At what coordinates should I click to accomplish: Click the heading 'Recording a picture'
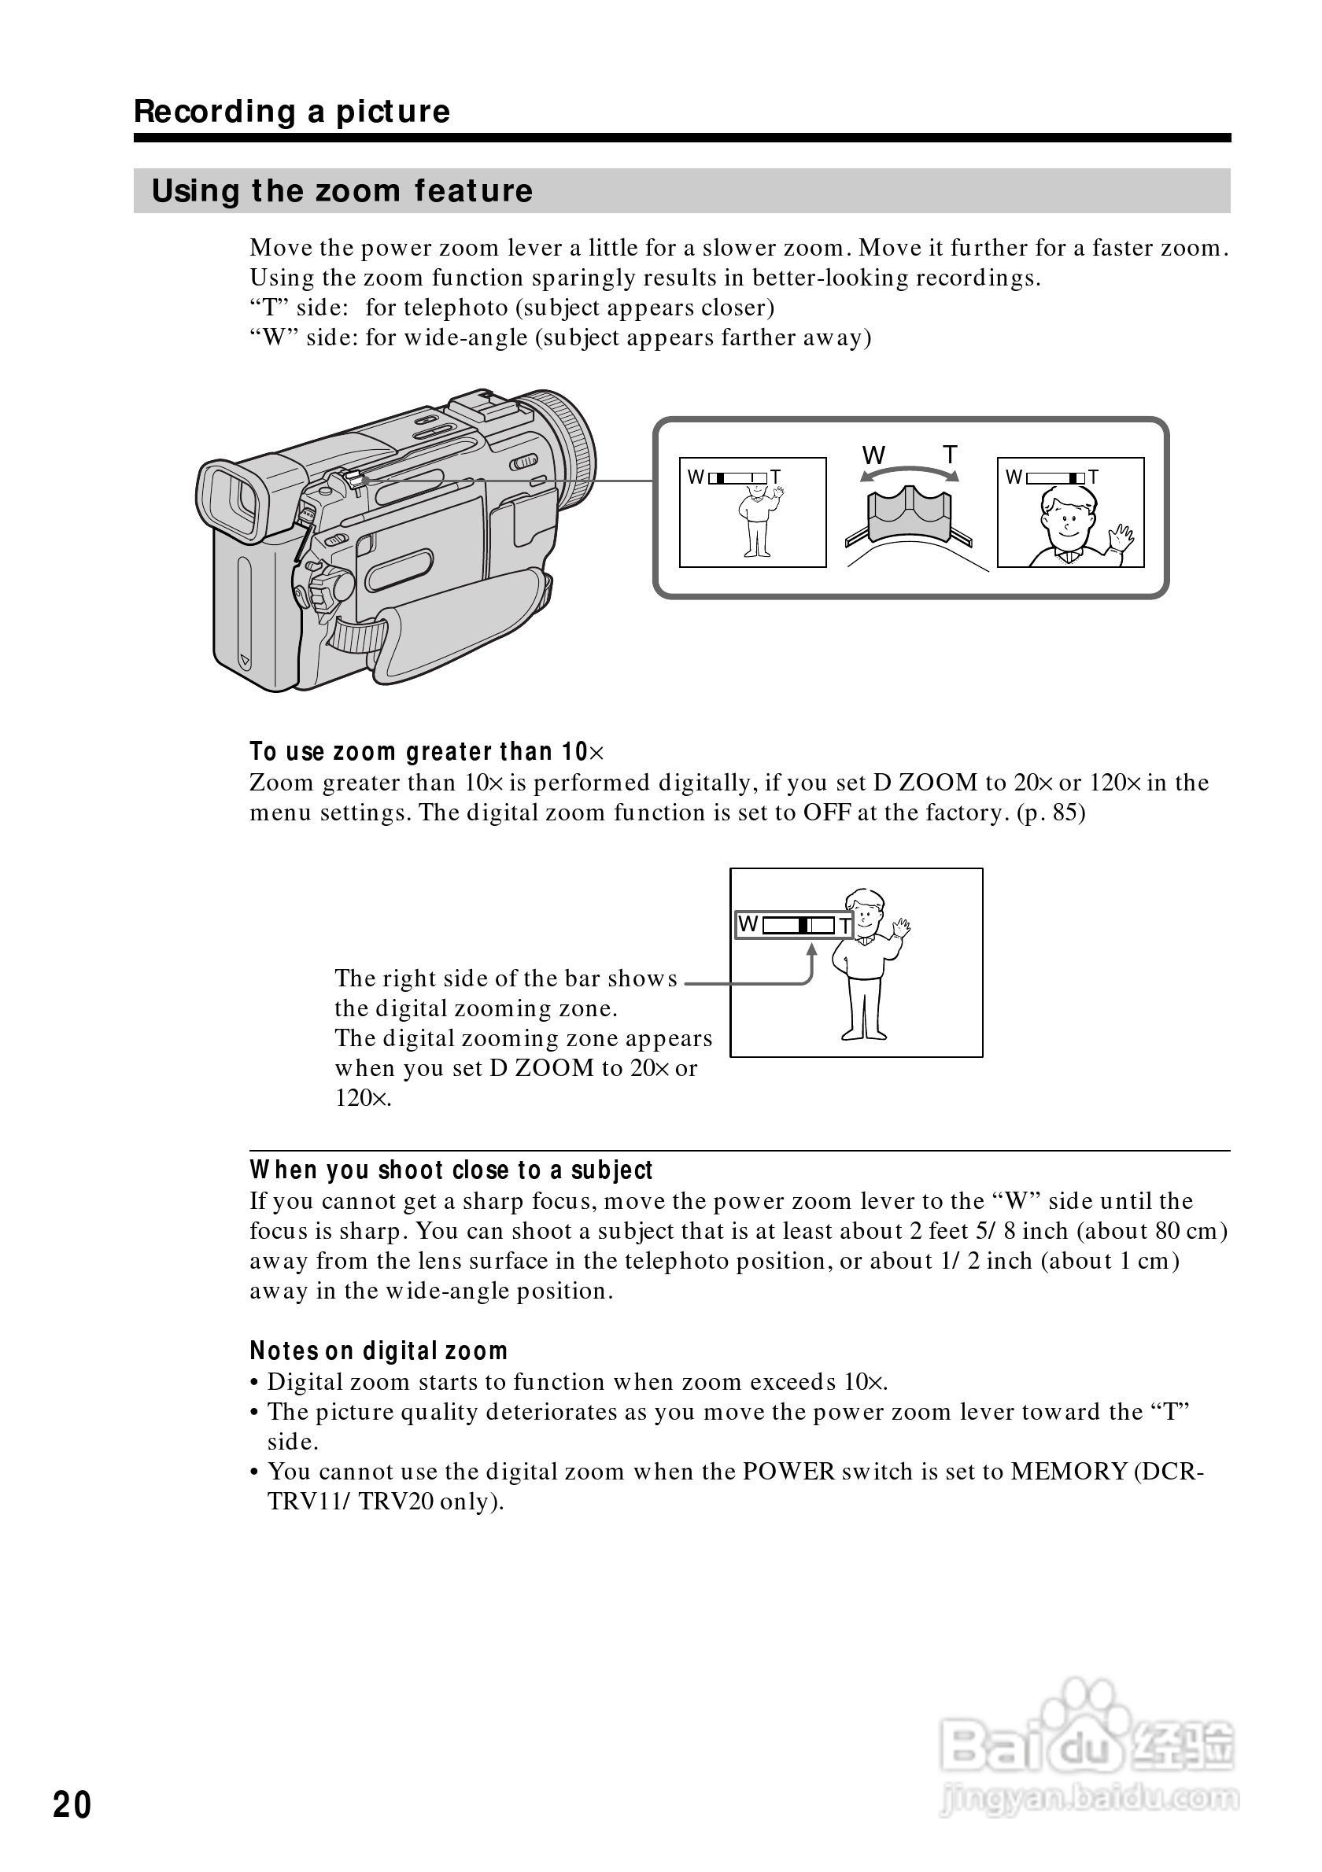(x=291, y=111)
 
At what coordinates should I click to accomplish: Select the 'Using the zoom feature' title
(x=342, y=191)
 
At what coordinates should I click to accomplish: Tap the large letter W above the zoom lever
(x=873, y=455)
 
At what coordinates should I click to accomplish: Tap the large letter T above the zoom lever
(x=950, y=454)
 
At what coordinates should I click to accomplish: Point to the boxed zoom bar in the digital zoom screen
(x=793, y=924)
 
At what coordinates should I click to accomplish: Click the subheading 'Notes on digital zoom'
(x=379, y=1351)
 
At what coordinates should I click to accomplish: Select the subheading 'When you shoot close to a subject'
(x=451, y=1170)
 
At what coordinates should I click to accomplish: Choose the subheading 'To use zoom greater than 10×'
(x=427, y=751)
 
